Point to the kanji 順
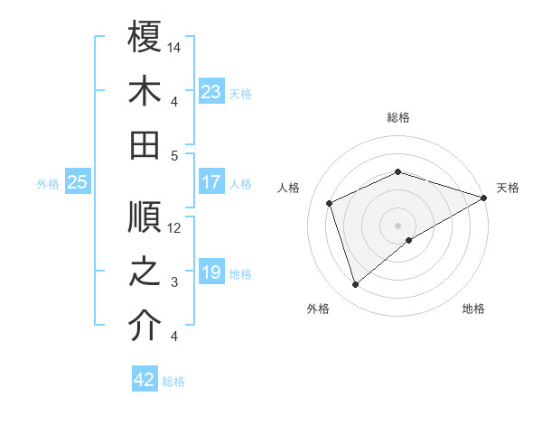145,217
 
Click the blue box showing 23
211,91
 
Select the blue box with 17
211,182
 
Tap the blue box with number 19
211,272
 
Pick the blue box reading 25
78,182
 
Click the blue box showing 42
145,380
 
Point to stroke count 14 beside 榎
175,46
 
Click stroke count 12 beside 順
175,227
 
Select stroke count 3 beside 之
174,282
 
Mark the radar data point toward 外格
355,285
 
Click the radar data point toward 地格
409,239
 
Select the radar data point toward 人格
330,203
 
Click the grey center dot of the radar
397,224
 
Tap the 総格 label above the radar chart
397,118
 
